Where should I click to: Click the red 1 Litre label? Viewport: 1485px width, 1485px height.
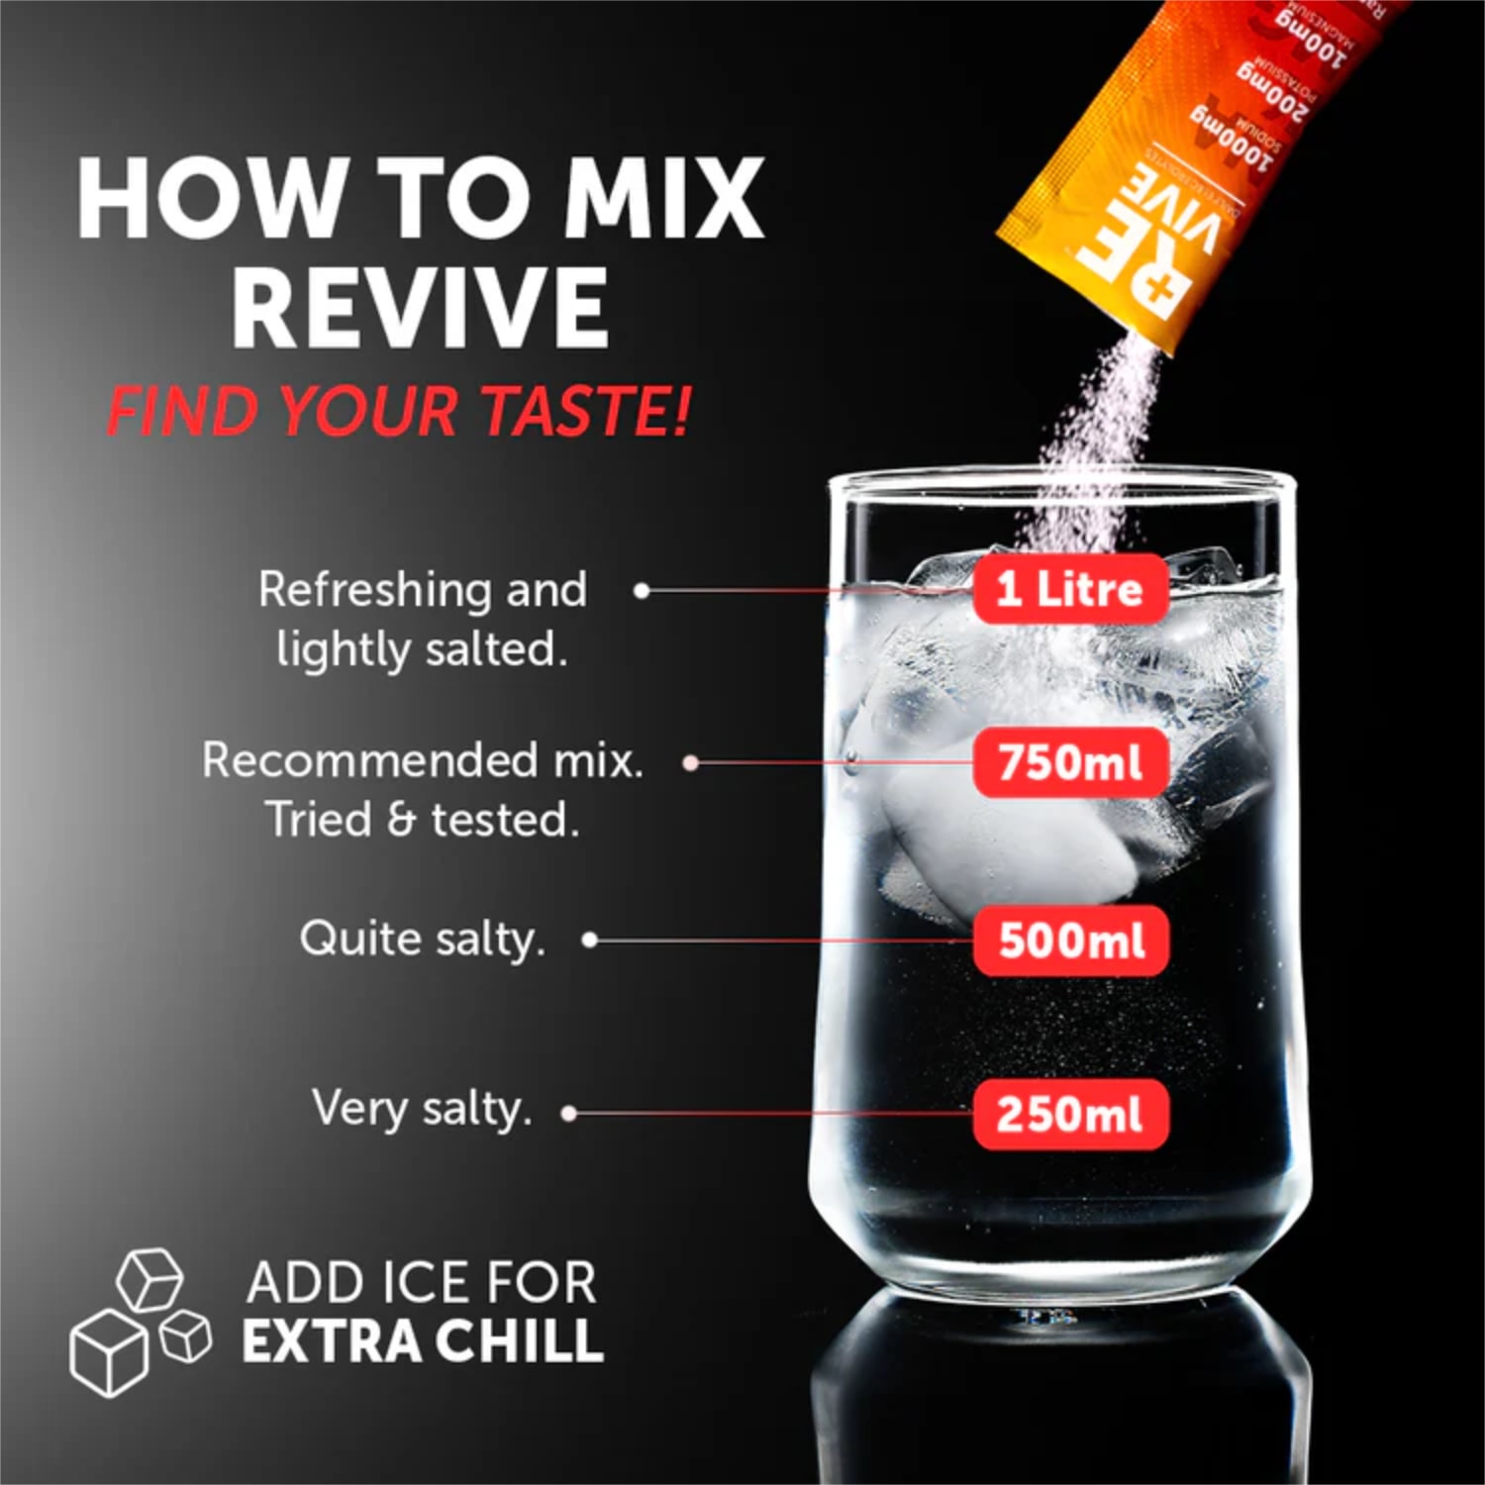(x=1069, y=589)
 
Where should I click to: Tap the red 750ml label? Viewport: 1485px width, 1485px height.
(x=1069, y=762)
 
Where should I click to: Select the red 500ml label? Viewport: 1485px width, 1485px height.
(x=1071, y=940)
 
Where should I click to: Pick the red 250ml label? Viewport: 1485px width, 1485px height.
(x=1069, y=1115)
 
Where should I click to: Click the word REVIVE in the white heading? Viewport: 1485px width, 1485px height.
(x=420, y=306)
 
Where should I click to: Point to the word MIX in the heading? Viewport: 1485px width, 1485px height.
(x=663, y=198)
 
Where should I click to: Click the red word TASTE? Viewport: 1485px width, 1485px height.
(x=584, y=410)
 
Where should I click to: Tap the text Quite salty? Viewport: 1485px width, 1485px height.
(x=422, y=940)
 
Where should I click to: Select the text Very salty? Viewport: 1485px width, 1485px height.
(x=422, y=1109)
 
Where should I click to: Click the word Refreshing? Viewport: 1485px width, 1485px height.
(x=376, y=591)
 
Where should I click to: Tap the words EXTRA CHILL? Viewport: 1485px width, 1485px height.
(x=423, y=1341)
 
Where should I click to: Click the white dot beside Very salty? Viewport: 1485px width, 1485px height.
(x=568, y=1114)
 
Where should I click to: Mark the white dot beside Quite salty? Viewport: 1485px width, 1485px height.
(x=590, y=940)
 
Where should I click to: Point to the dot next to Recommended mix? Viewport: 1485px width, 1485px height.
(x=692, y=762)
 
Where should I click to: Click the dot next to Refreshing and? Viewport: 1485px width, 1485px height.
(x=642, y=591)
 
